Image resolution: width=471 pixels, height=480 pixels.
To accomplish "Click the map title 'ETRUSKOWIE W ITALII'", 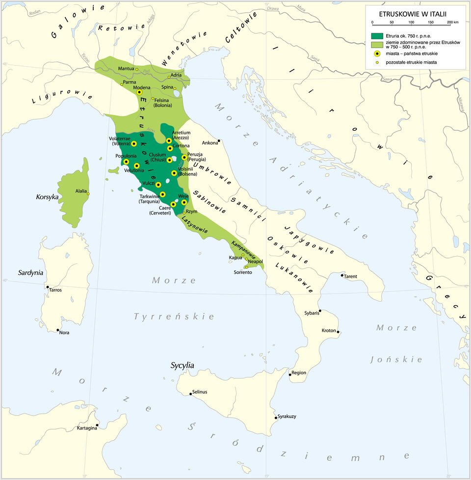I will pos(413,14).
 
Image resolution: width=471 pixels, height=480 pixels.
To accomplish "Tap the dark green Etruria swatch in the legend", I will pos(377,36).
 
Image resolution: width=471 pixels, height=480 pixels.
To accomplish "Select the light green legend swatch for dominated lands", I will pos(377,45).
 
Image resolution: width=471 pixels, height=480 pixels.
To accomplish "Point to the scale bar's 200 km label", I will pos(452,23).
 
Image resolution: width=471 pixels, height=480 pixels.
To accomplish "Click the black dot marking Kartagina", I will pos(97,425).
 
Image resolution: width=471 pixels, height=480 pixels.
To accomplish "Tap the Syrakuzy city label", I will pos(287,416).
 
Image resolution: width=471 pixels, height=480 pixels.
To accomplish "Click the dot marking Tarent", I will pos(342,275).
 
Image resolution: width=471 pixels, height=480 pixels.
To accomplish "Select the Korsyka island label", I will pos(47,197).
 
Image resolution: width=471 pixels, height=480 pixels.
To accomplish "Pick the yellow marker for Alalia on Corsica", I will pos(88,194).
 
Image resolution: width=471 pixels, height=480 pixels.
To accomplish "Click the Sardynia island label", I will pos(31,273).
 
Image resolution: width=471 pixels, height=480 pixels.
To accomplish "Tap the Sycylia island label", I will pos(183,365).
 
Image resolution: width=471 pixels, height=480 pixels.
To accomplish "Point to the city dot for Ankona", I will pos(219,141).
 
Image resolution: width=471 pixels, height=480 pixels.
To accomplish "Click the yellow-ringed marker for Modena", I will pos(139,92).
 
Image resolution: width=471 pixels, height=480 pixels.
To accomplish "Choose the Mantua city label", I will pos(126,69).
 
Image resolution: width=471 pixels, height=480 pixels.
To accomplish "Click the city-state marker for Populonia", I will pos(126,162).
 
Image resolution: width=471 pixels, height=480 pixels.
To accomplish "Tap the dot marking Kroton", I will pos(338,333).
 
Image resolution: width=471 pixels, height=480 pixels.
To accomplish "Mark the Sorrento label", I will pos(243,272).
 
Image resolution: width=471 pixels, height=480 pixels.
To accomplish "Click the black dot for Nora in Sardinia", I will pos(58,330).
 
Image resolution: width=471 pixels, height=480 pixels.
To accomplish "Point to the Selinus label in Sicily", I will pos(200,392).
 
